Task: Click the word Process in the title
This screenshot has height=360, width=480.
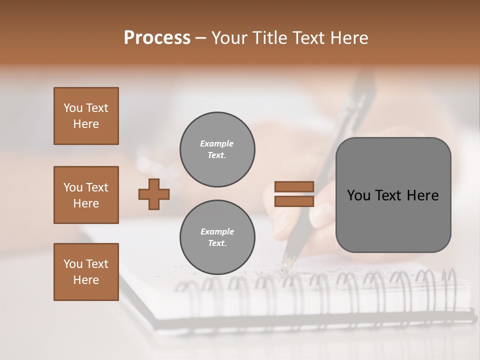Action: click(157, 38)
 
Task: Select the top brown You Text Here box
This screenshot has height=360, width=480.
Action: click(86, 116)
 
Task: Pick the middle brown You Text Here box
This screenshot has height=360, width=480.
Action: click(86, 195)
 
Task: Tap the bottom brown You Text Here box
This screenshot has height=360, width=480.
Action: click(86, 272)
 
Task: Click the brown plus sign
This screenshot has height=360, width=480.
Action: click(154, 194)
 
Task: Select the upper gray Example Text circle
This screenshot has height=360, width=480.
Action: click(217, 149)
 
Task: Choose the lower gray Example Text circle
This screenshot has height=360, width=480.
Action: click(217, 237)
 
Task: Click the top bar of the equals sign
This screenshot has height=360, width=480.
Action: click(294, 187)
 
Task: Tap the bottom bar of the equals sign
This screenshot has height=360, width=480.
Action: click(294, 201)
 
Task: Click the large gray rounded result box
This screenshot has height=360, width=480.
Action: click(393, 195)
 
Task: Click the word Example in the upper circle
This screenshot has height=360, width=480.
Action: click(217, 144)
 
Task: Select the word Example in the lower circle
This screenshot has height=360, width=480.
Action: click(217, 232)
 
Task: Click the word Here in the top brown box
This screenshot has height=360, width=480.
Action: click(86, 124)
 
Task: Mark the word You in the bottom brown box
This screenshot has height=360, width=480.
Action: click(73, 264)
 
